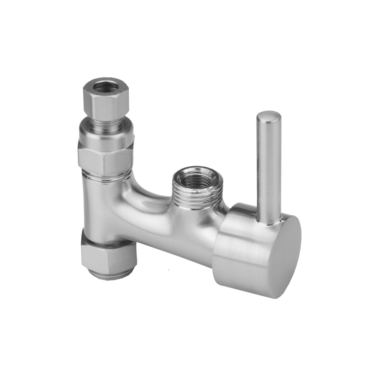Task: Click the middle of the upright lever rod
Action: coord(268,169)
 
